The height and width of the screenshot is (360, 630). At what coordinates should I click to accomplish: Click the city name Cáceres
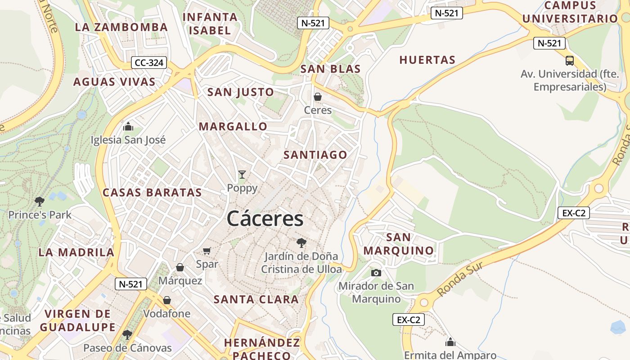pyautogui.click(x=265, y=219)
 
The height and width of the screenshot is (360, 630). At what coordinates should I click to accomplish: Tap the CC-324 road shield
pyautogui.click(x=149, y=63)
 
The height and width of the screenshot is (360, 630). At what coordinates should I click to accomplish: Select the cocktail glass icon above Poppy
pyautogui.click(x=242, y=175)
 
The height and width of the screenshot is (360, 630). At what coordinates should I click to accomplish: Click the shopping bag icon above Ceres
pyautogui.click(x=318, y=97)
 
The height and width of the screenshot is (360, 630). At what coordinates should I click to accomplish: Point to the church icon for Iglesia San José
pyautogui.click(x=128, y=126)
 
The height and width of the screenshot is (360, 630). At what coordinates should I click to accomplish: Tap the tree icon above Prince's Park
pyautogui.click(x=40, y=201)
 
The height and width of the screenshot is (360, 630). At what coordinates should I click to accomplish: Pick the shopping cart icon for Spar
pyautogui.click(x=207, y=251)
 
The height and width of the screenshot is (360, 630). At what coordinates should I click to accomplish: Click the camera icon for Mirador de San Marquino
pyautogui.click(x=376, y=273)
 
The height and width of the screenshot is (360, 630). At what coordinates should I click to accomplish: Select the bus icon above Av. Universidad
pyautogui.click(x=570, y=60)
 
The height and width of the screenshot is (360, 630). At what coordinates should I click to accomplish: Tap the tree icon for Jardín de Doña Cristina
pyautogui.click(x=301, y=243)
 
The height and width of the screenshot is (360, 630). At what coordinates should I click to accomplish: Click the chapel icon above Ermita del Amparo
pyautogui.click(x=450, y=342)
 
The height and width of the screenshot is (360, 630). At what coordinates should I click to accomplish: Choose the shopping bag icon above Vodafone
pyautogui.click(x=167, y=300)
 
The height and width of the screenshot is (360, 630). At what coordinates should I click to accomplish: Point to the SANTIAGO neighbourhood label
pyautogui.click(x=315, y=155)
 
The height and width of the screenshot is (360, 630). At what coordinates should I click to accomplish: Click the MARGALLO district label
pyautogui.click(x=233, y=126)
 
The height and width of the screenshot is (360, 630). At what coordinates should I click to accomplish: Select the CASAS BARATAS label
pyautogui.click(x=152, y=193)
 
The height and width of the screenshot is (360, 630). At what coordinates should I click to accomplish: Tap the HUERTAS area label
pyautogui.click(x=427, y=60)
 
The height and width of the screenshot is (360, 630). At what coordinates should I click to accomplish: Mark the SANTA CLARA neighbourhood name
pyautogui.click(x=256, y=299)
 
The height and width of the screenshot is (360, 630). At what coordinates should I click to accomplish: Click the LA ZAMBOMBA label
pyautogui.click(x=121, y=27)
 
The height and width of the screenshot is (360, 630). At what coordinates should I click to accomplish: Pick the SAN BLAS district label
pyautogui.click(x=330, y=69)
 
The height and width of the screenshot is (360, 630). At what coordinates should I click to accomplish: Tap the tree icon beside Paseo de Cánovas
pyautogui.click(x=127, y=334)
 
